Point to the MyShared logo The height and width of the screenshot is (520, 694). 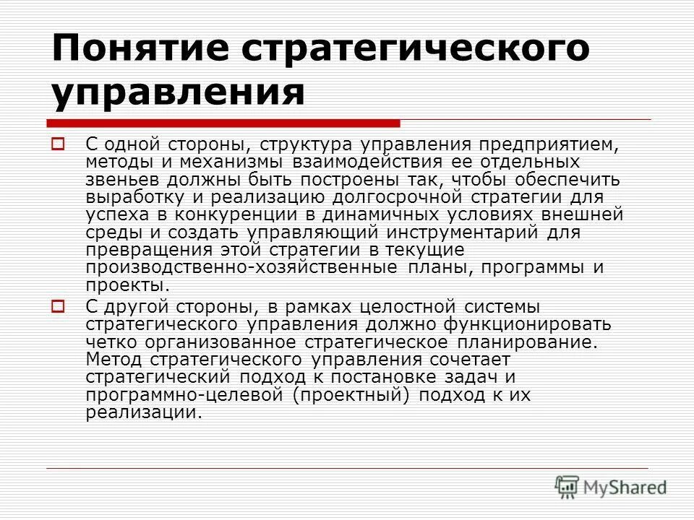point(611,486)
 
